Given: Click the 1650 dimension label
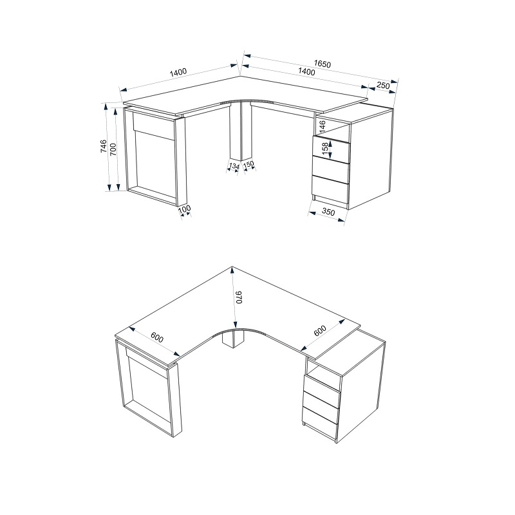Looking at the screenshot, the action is coord(323,63).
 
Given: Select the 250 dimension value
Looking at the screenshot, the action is coord(382,86).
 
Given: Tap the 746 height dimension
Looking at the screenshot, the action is coord(103,146).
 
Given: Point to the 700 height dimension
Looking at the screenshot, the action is coord(113,149).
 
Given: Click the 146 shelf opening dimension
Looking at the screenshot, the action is coord(323,127).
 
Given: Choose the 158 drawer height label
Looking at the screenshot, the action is coord(325,149).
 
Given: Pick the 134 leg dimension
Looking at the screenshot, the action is coord(234,166).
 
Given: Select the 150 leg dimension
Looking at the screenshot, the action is coord(248,164).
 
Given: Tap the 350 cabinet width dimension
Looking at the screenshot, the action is coord(328,212).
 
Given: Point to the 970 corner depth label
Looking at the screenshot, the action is coord(239,297).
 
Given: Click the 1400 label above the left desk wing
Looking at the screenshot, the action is coord(178,72).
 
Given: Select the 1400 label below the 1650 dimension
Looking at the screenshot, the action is coord(306,71).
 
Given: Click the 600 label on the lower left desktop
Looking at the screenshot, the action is coord(157,337).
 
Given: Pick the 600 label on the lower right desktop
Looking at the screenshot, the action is coord(319,331).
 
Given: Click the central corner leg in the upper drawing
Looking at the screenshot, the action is coord(241,131).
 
